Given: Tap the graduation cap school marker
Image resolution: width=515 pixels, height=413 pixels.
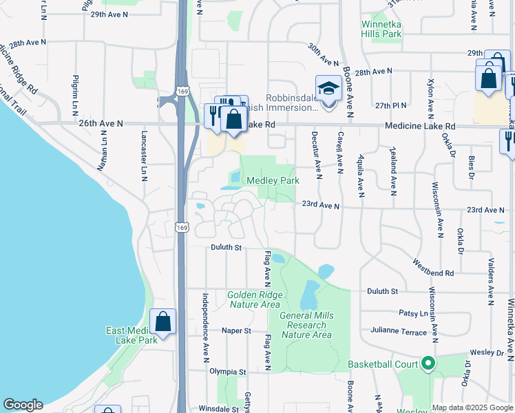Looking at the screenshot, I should click(x=328, y=89).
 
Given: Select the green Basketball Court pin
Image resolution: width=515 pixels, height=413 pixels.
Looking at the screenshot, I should click(x=428, y=363).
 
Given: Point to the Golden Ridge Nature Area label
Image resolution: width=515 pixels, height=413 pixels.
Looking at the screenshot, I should click(x=253, y=299).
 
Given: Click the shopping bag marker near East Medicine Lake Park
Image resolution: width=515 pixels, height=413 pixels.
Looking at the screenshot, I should click(x=163, y=321).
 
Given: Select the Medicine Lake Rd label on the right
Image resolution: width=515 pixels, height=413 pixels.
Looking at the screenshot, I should click(x=420, y=126).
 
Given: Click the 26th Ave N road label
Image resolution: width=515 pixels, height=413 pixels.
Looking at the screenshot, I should click(x=101, y=123).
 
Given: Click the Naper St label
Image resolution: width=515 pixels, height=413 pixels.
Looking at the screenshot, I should click(x=236, y=330).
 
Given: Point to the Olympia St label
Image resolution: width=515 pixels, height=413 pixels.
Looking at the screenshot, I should click(x=228, y=372).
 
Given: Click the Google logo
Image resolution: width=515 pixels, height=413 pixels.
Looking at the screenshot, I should click(x=23, y=405).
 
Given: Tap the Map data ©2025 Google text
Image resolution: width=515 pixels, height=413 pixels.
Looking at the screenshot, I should click(x=472, y=407).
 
